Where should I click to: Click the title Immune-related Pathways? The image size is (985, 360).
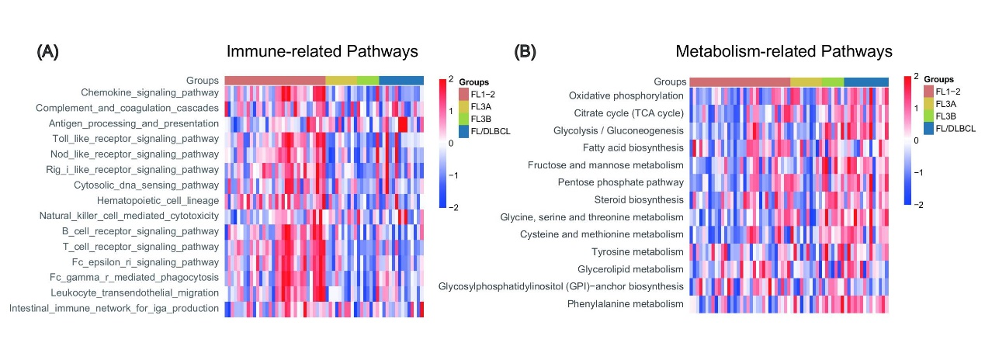pyautogui.click(x=322, y=51)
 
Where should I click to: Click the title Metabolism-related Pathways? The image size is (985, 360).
pyautogui.click(x=784, y=51)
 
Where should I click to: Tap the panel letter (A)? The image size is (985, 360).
pyautogui.click(x=47, y=52)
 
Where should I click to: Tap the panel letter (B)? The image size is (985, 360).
pyautogui.click(x=525, y=52)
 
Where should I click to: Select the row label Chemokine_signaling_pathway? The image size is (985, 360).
pyautogui.click(x=150, y=93)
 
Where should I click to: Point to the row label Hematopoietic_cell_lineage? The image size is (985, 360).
pyautogui.click(x=158, y=200)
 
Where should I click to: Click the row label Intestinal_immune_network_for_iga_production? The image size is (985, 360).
pyautogui.click(x=114, y=308)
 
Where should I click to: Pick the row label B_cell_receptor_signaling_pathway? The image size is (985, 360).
pyautogui.click(x=140, y=231)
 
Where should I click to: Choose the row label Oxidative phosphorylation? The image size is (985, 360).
pyautogui.click(x=626, y=96)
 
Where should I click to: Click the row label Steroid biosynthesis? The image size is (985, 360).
pyautogui.click(x=639, y=200)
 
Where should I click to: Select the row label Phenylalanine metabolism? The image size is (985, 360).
pyautogui.click(x=626, y=303)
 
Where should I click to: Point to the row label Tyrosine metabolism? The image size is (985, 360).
pyautogui.click(x=637, y=252)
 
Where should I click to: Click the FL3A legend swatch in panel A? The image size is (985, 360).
pyautogui.click(x=463, y=107)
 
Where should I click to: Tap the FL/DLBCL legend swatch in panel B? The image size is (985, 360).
pyautogui.click(x=928, y=129)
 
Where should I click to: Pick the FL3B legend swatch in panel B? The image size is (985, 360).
pyautogui.click(x=928, y=116)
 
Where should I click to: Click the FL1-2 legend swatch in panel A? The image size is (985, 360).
pyautogui.click(x=463, y=95)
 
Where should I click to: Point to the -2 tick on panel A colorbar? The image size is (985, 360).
pyautogui.click(x=453, y=207)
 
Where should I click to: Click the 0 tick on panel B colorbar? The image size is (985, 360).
pyautogui.click(x=916, y=140)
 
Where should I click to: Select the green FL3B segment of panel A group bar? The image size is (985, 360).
pyautogui.click(x=368, y=81)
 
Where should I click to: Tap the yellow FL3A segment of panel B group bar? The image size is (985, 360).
pyautogui.click(x=806, y=82)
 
